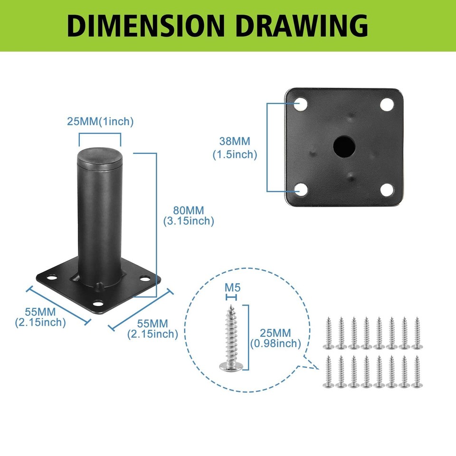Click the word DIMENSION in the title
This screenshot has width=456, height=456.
(146, 26)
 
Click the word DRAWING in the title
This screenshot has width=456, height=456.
(302, 26)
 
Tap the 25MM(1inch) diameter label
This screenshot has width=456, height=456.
(100, 122)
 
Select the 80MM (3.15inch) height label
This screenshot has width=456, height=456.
(189, 216)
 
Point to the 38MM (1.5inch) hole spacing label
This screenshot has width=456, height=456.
(235, 148)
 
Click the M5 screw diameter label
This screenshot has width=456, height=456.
(232, 288)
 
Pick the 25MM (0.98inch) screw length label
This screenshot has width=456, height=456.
(275, 338)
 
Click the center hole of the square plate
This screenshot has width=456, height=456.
(344, 146)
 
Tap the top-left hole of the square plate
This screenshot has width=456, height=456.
(301, 104)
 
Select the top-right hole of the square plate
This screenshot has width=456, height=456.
(387, 104)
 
